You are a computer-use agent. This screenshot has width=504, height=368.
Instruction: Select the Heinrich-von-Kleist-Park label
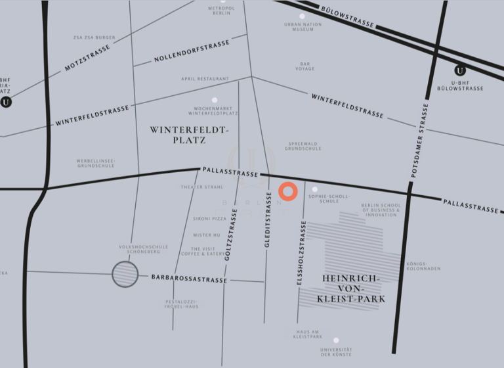(x=350, y=288)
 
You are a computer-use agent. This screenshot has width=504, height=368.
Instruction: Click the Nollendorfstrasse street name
(x=192, y=51)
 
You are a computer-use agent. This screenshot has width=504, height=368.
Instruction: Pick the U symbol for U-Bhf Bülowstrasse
(x=460, y=70)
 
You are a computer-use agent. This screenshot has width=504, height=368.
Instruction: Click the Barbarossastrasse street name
(x=189, y=279)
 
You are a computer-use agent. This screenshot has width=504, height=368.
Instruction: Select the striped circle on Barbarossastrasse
(x=125, y=273)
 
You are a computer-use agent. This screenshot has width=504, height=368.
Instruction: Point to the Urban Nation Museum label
(x=303, y=27)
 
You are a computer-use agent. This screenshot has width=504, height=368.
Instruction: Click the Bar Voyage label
(x=304, y=66)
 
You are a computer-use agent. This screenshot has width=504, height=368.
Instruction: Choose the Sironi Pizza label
(x=209, y=218)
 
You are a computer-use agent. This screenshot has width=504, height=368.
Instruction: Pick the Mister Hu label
(x=207, y=235)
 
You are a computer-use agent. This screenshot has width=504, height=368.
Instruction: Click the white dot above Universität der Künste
(x=336, y=340)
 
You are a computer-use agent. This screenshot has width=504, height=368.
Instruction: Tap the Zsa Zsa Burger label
(x=94, y=37)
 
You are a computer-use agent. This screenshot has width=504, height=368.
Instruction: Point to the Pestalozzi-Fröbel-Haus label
(x=182, y=304)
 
